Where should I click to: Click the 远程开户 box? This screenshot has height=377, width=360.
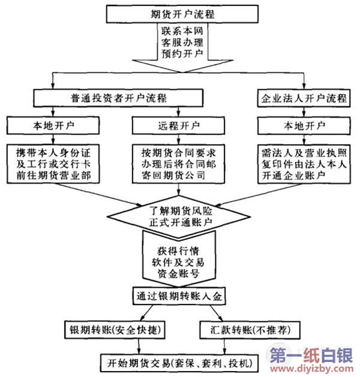click(178, 126)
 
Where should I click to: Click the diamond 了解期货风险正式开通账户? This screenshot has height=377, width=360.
click(178, 215)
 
